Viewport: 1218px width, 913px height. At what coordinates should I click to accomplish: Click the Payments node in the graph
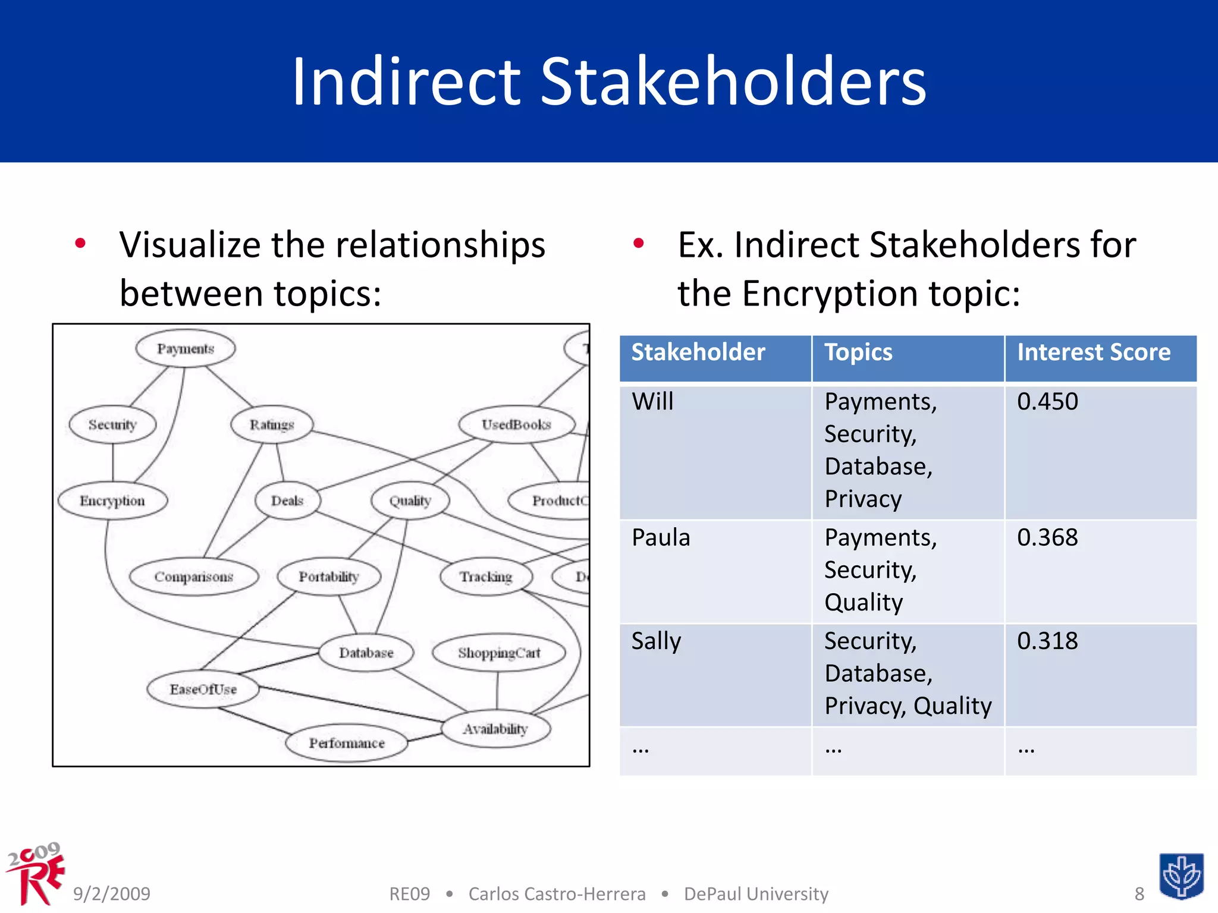(x=185, y=349)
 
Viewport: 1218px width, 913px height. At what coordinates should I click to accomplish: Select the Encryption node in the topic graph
(x=112, y=501)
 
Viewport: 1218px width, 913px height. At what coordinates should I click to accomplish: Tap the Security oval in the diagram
(x=112, y=425)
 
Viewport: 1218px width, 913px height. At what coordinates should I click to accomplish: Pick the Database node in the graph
(x=366, y=653)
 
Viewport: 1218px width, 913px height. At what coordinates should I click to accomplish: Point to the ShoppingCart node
(x=498, y=653)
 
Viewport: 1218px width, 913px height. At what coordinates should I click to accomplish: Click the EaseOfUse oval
(x=203, y=690)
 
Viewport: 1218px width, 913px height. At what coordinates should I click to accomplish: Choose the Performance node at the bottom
(x=346, y=743)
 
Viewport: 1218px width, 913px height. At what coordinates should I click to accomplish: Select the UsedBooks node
(x=516, y=425)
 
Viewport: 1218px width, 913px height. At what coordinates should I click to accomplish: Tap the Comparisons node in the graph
(x=194, y=577)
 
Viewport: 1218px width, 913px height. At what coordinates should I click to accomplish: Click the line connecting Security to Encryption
(x=113, y=463)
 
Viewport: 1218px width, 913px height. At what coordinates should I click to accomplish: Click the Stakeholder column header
(x=698, y=352)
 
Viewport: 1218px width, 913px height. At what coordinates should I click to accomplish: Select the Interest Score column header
(x=1093, y=352)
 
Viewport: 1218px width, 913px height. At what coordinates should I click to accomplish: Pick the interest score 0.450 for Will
(x=1047, y=402)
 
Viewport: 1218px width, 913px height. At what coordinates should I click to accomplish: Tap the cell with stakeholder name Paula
(x=661, y=538)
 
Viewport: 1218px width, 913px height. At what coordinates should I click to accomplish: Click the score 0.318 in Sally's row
(x=1047, y=641)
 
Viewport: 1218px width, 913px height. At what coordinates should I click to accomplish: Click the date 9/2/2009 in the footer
(x=112, y=893)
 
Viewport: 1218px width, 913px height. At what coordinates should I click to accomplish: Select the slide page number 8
(x=1139, y=893)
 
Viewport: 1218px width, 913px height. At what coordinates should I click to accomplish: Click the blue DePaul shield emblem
(x=1181, y=876)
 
